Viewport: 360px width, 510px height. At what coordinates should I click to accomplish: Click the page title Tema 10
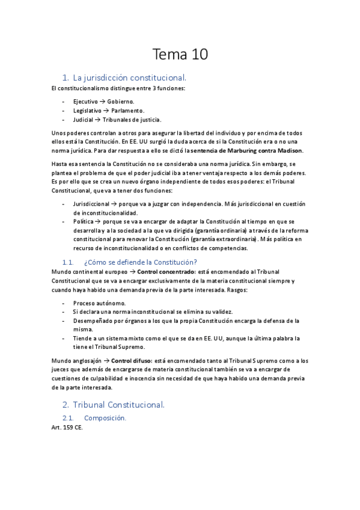point(180,55)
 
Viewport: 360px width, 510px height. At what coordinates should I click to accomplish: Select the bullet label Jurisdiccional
point(93,204)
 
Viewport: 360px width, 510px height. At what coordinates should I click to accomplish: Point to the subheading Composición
point(105,417)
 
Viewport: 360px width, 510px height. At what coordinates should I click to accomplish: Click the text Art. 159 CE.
point(67,427)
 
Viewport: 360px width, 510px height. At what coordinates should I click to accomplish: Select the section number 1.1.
point(70,262)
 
